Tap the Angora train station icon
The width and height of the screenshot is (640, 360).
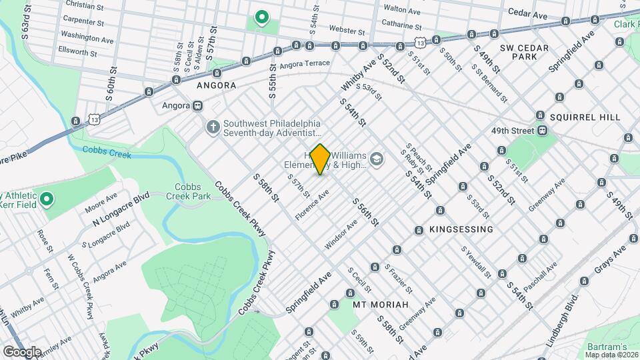[x=197, y=105]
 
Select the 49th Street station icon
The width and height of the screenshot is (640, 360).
[x=543, y=130]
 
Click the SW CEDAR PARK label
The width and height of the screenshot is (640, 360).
[x=524, y=52]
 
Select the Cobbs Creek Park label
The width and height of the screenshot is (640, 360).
[x=193, y=192]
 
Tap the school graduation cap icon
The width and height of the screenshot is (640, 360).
[x=377, y=159]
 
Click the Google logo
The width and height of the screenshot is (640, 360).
[x=21, y=351]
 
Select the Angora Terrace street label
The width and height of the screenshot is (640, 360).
[x=305, y=64]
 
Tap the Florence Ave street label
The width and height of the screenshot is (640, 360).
[x=313, y=205]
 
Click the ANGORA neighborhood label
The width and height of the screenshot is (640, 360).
[x=216, y=85]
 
